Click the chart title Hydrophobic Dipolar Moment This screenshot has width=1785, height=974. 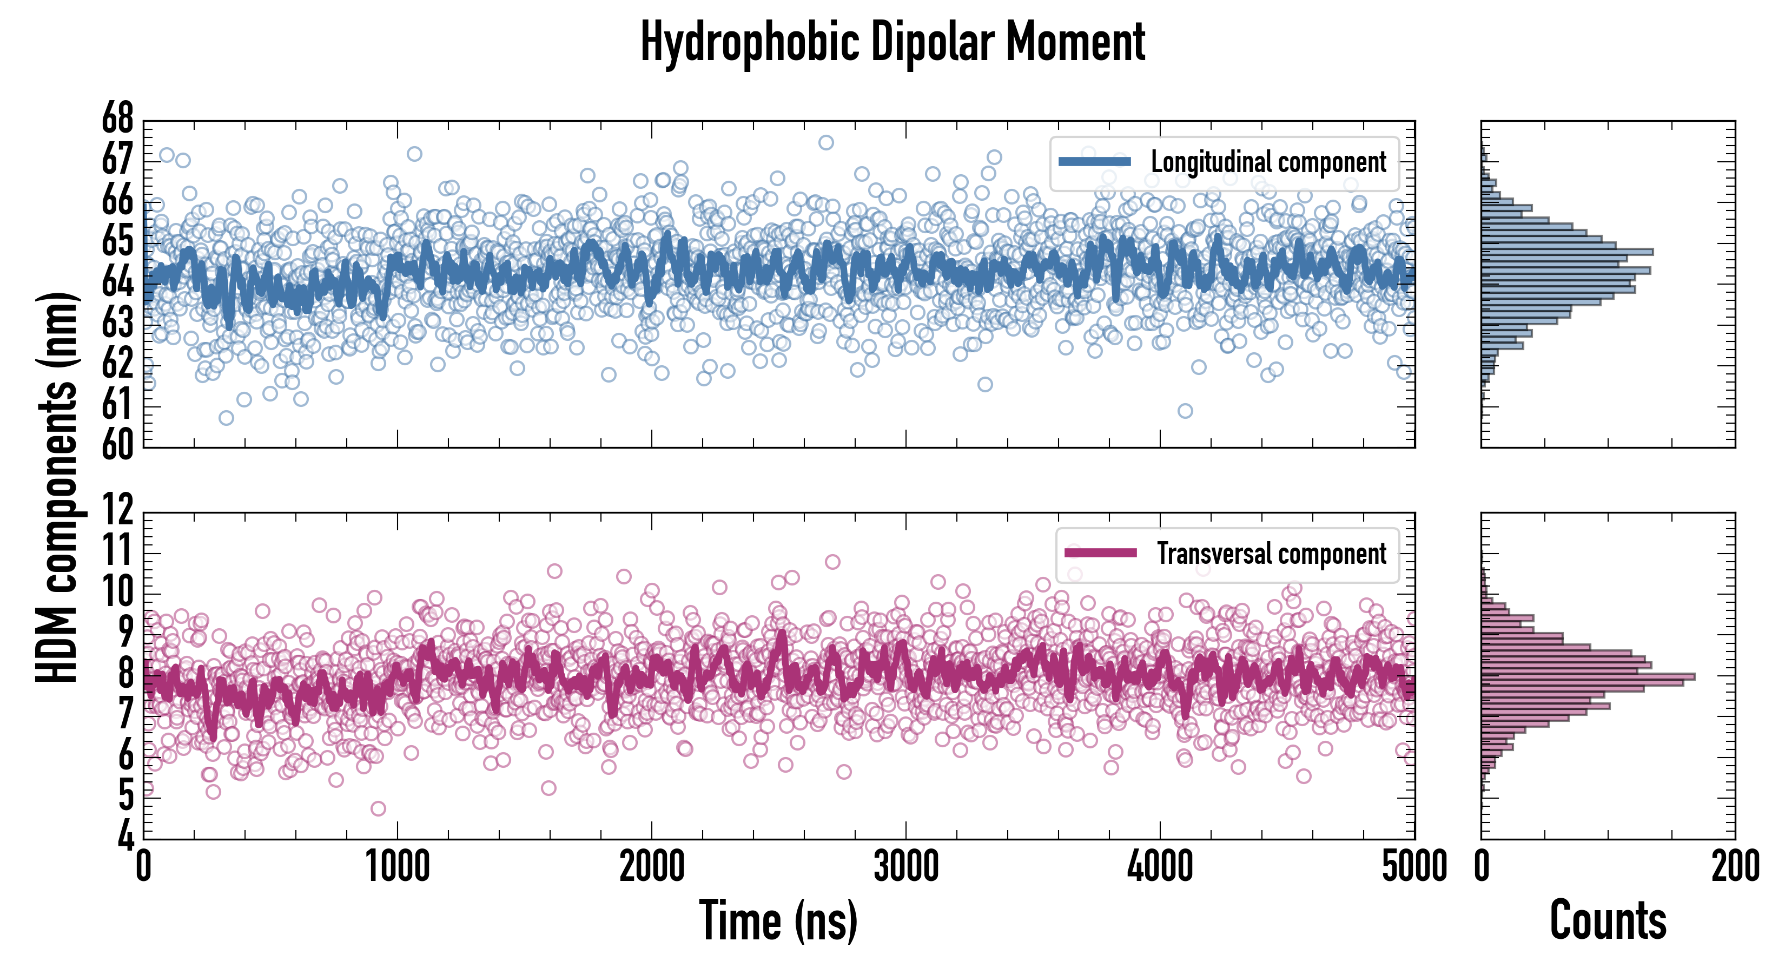[892, 43]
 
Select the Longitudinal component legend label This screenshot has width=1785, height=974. [1268, 162]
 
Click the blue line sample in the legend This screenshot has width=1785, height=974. [1095, 162]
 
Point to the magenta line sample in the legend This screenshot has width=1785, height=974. [1100, 553]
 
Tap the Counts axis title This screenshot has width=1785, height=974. [1608, 920]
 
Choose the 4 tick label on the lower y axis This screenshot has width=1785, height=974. [125, 836]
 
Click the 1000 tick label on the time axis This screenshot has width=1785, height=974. [398, 866]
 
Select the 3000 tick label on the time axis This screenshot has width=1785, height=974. [905, 866]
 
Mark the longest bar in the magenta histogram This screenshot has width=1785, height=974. [1588, 676]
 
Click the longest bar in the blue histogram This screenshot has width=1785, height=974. [1566, 252]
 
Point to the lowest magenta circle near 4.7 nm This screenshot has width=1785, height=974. [378, 808]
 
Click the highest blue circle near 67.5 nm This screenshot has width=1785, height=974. [826, 143]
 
